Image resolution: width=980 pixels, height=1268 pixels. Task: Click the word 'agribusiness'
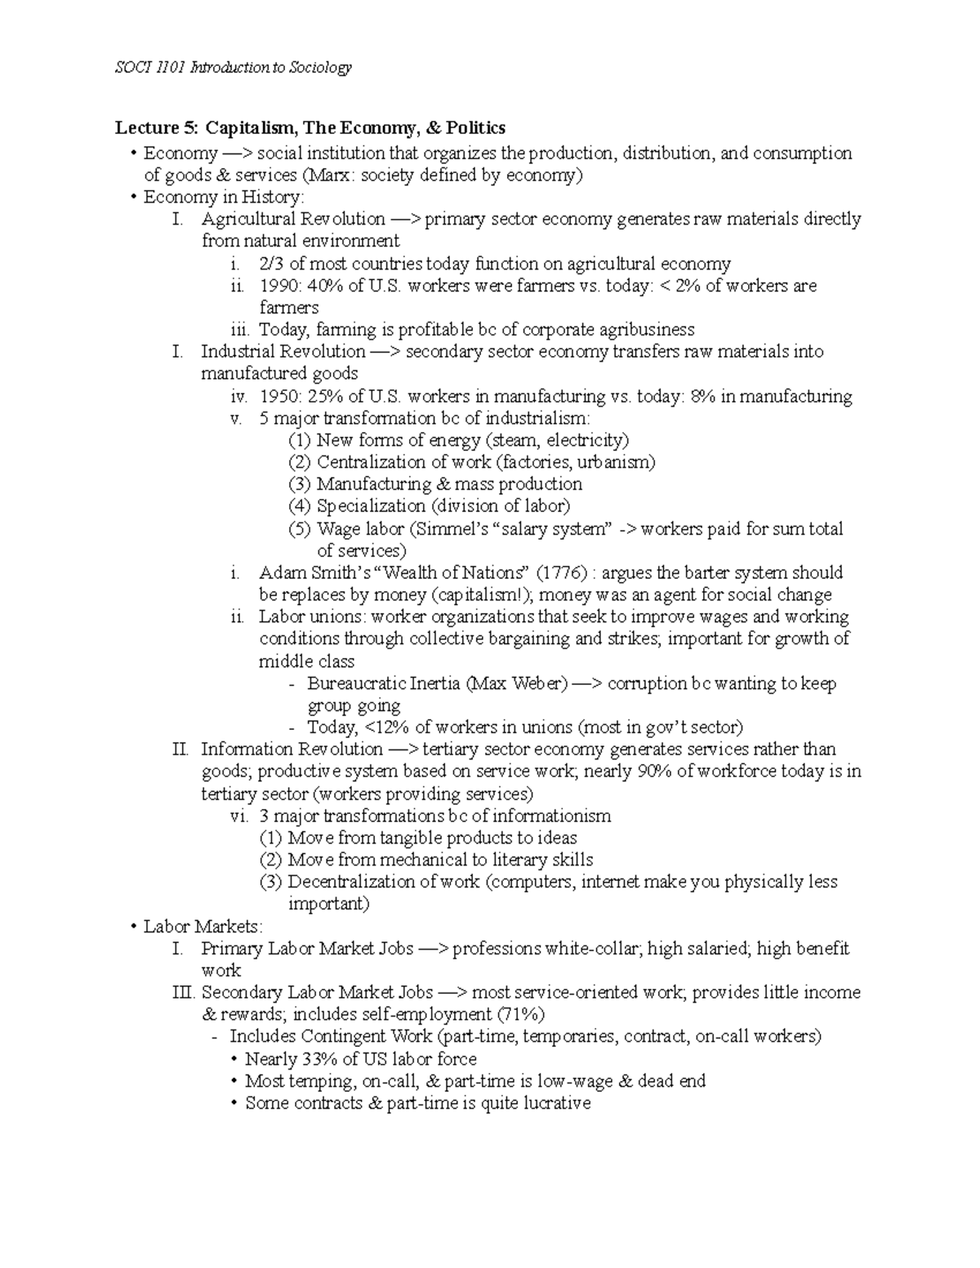coord(648,330)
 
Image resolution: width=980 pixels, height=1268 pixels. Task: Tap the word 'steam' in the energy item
coord(513,440)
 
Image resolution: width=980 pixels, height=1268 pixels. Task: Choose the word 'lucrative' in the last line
coord(554,1103)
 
